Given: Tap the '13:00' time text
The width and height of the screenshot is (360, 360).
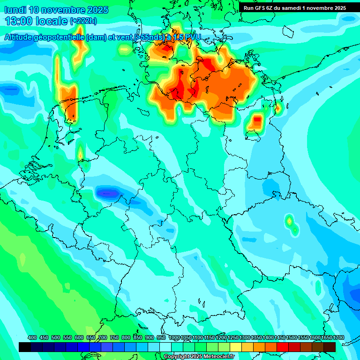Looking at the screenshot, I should [x=18, y=21].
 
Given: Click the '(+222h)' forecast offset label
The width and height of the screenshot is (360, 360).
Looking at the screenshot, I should [x=83, y=21].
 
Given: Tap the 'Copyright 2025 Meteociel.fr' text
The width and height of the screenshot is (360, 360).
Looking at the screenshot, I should [x=199, y=357].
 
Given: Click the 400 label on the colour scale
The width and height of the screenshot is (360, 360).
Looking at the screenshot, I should [x=32, y=337].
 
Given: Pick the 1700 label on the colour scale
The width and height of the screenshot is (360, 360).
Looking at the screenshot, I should [x=338, y=337].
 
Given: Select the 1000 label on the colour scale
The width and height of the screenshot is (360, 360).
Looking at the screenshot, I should [x=174, y=337].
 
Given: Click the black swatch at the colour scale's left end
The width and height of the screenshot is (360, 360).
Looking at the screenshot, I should [x=25, y=347].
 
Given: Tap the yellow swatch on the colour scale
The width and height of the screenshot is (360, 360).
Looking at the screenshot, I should [x=236, y=347].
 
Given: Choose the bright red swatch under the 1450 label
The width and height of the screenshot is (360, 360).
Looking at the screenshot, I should [x=283, y=347].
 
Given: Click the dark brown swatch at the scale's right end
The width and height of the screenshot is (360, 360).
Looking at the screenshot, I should [x=330, y=347].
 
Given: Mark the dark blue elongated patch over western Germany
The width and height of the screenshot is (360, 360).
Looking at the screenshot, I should [x=108, y=192].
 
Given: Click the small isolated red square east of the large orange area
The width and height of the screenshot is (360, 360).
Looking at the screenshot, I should [x=257, y=120].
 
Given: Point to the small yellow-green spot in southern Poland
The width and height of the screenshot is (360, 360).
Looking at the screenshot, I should [x=290, y=220].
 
